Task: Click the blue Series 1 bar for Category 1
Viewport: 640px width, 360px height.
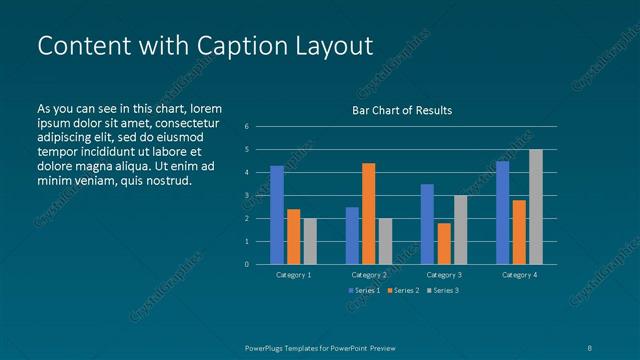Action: coord(277,215)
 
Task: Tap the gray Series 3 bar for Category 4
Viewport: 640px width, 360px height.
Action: coord(536,207)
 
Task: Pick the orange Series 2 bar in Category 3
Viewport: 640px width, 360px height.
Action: coord(444,243)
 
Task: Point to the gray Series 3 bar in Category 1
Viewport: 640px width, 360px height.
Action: coord(310,241)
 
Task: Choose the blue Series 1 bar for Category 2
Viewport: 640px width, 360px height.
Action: coord(352,235)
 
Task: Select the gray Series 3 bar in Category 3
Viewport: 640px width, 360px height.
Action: coord(460,229)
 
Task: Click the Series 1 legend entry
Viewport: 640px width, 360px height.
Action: coord(364,290)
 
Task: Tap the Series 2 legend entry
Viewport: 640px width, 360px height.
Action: coord(402,290)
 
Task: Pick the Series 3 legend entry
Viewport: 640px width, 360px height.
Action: coord(442,290)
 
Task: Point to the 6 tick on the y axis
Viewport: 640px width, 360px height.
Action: coord(247,127)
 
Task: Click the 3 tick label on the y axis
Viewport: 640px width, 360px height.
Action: coord(247,196)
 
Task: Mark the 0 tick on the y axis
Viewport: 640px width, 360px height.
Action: coord(247,265)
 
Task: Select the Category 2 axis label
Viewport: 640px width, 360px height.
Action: coord(368,274)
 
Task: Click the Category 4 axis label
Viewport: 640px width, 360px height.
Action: coord(519,274)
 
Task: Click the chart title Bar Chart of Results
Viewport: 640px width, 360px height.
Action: coord(402,110)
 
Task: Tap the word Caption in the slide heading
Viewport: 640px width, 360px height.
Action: coord(254,46)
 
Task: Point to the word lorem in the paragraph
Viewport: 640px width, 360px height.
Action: coord(205,108)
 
